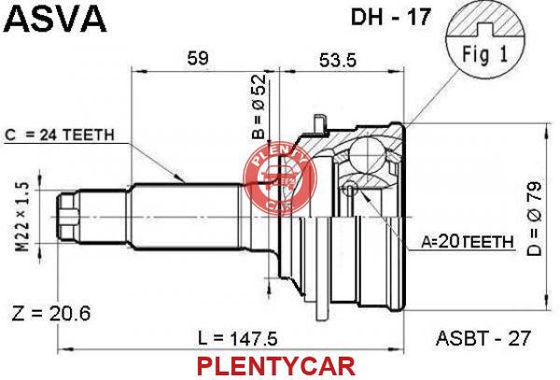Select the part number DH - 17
[x=391, y=17]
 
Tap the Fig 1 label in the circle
[x=485, y=55]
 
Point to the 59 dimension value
[x=198, y=58]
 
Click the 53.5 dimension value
[x=338, y=60]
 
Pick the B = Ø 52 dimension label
[x=259, y=106]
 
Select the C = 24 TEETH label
[x=60, y=134]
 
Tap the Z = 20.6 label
[x=51, y=313]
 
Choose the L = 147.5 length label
[x=238, y=338]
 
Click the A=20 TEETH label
[x=468, y=242]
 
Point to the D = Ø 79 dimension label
[x=534, y=218]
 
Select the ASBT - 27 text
[x=483, y=338]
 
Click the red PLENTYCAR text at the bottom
[x=276, y=366]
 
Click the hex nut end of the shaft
[x=68, y=218]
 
